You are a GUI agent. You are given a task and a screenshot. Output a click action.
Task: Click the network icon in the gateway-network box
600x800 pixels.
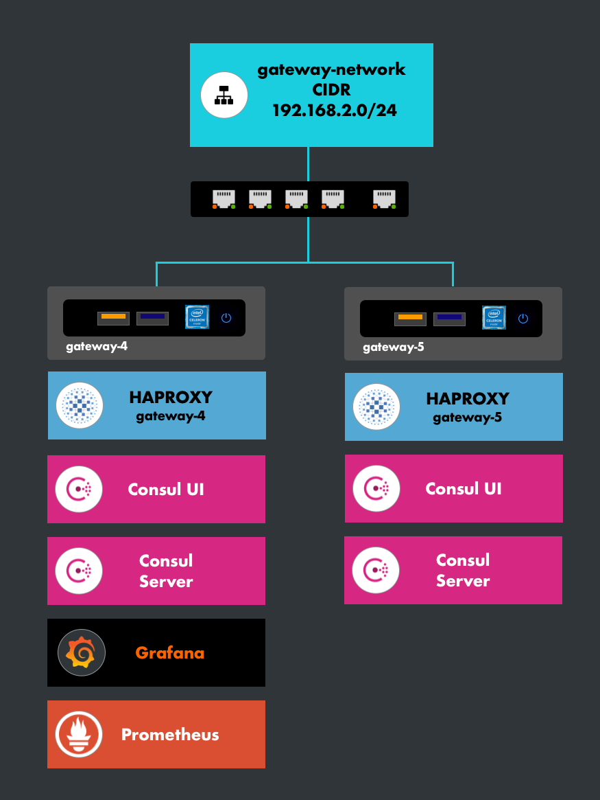[224, 95]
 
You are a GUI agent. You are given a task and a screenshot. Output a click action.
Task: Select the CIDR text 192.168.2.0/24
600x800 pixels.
[335, 110]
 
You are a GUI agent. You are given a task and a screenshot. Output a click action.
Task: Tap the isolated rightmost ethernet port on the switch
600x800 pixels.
[384, 198]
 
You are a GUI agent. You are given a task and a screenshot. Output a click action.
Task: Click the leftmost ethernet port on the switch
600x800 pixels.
[224, 198]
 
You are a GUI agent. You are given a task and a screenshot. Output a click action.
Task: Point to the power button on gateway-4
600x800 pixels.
[226, 318]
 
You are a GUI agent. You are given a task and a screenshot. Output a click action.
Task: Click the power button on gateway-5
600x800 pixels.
[523, 319]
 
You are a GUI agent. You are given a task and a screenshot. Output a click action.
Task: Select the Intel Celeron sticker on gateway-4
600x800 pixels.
[197, 317]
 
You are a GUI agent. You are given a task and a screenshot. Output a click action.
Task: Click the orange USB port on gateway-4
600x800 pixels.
[113, 318]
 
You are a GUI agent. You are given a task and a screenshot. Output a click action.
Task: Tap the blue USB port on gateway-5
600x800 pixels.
[449, 319]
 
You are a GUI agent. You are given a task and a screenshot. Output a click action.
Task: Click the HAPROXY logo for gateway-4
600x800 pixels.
[80, 406]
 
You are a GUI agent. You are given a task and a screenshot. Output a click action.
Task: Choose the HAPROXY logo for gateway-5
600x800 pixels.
[376, 407]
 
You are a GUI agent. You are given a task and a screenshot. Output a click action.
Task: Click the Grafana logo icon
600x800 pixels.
[81, 652]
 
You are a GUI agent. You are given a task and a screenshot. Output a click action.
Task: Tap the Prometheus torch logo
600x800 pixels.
[80, 734]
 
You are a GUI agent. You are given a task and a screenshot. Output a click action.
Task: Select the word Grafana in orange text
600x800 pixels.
[169, 652]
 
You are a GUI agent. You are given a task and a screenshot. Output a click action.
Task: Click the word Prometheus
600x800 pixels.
[170, 734]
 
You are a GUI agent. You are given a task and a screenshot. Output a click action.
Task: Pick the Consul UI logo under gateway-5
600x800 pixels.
[376, 488]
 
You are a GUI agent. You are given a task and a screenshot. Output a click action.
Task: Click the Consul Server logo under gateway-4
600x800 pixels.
[80, 571]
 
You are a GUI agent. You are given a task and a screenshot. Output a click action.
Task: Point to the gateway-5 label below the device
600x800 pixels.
[394, 347]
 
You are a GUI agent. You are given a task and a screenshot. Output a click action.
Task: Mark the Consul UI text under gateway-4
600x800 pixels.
[166, 490]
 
